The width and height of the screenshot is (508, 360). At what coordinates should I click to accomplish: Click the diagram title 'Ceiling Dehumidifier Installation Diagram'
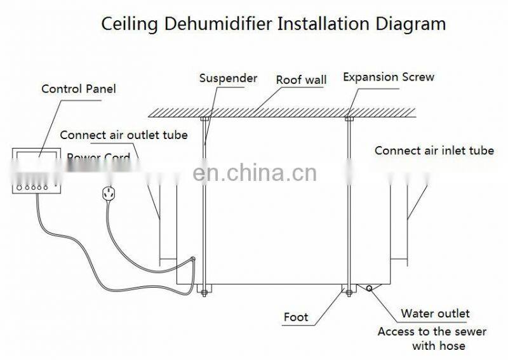tap(273, 24)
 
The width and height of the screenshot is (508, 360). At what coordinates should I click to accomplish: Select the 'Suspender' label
tap(228, 78)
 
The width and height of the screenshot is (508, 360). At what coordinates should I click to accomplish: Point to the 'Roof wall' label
tap(301, 80)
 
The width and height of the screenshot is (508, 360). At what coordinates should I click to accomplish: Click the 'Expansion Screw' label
tap(389, 77)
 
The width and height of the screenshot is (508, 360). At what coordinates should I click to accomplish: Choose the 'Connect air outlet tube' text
tap(124, 135)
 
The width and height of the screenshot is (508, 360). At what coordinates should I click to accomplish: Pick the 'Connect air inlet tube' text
tap(434, 150)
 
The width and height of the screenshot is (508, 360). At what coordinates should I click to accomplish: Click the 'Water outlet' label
tap(435, 314)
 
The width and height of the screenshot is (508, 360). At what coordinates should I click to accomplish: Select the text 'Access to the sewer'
tap(432, 331)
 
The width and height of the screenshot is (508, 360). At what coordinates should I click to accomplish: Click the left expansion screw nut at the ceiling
tap(204, 118)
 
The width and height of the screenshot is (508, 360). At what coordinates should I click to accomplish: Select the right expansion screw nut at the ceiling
tap(349, 118)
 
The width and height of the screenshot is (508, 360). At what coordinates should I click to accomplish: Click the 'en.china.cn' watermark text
tap(254, 173)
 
